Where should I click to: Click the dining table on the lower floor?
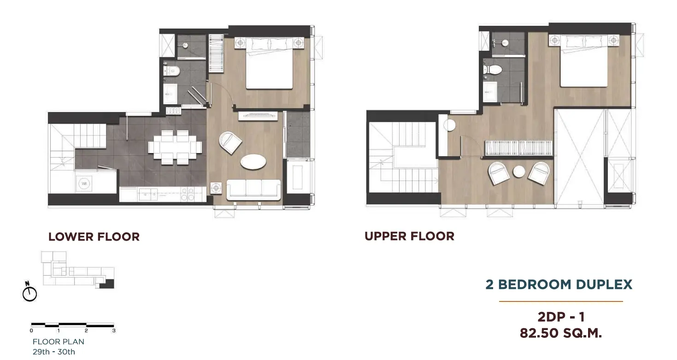click(x=175, y=148)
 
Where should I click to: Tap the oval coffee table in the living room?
click(x=253, y=162)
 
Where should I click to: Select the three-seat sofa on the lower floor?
click(x=253, y=189)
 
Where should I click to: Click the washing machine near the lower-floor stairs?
click(x=84, y=183)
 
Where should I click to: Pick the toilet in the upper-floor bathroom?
click(x=493, y=70)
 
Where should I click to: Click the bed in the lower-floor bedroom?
click(x=269, y=63)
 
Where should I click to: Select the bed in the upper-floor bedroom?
click(x=584, y=61)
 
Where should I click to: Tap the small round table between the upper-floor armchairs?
click(x=519, y=171)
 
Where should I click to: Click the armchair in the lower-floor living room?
click(x=230, y=142)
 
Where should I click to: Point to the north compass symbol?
click(x=29, y=292)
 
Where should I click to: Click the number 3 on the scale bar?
click(x=114, y=330)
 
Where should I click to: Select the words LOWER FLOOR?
click(x=94, y=236)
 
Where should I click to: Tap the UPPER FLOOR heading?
click(x=410, y=236)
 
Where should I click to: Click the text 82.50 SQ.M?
click(x=561, y=333)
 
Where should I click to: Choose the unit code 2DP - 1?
click(x=561, y=317)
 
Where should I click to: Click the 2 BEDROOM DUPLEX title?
click(x=559, y=284)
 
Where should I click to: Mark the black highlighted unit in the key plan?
click(x=107, y=284)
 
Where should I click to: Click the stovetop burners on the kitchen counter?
click(x=188, y=194)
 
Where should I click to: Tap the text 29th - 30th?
click(x=54, y=352)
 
